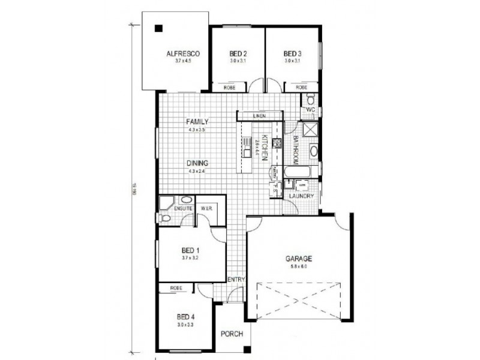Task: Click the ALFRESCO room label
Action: click(x=182, y=54)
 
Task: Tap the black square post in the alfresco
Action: click(x=158, y=28)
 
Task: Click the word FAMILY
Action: click(x=197, y=121)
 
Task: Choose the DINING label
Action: click(x=197, y=163)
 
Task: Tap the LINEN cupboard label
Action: click(x=259, y=116)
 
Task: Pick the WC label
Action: click(x=310, y=111)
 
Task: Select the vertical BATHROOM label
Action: click(x=296, y=150)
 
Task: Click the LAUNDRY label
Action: click(x=299, y=196)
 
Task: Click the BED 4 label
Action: click(x=185, y=316)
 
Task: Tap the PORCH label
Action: click(x=230, y=334)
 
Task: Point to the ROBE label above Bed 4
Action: click(x=176, y=289)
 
